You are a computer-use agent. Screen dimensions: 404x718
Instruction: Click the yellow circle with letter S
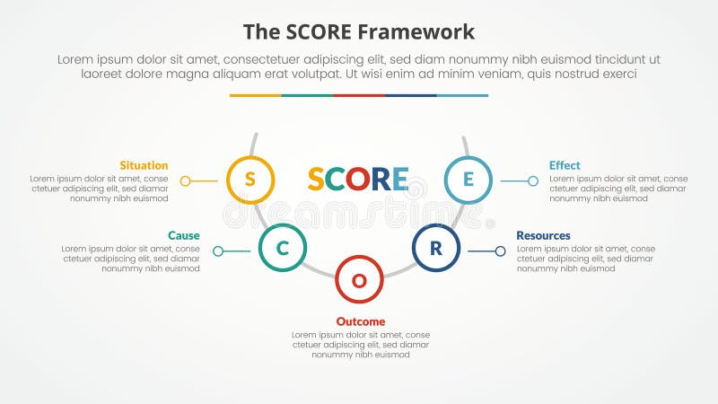250,180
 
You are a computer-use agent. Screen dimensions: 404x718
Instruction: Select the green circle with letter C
282,249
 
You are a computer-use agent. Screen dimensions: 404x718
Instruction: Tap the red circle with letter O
359,280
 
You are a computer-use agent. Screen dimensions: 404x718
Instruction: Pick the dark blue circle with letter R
436,248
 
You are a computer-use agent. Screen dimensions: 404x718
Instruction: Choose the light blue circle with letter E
468,180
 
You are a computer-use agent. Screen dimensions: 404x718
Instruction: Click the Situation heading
144,165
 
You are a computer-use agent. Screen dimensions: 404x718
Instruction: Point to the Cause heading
183,235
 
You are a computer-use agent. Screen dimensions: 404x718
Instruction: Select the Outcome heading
360,321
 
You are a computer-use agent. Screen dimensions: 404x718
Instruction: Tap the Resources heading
543,235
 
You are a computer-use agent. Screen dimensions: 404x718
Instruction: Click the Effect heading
565,165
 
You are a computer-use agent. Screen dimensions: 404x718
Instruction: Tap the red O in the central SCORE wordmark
357,180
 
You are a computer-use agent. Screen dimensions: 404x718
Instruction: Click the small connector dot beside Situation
185,180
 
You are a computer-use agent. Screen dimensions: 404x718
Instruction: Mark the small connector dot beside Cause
217,251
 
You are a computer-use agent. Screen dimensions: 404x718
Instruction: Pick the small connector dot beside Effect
533,180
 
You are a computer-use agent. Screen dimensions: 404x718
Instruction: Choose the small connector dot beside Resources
500,251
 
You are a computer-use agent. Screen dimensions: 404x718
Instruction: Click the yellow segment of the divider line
255,95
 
